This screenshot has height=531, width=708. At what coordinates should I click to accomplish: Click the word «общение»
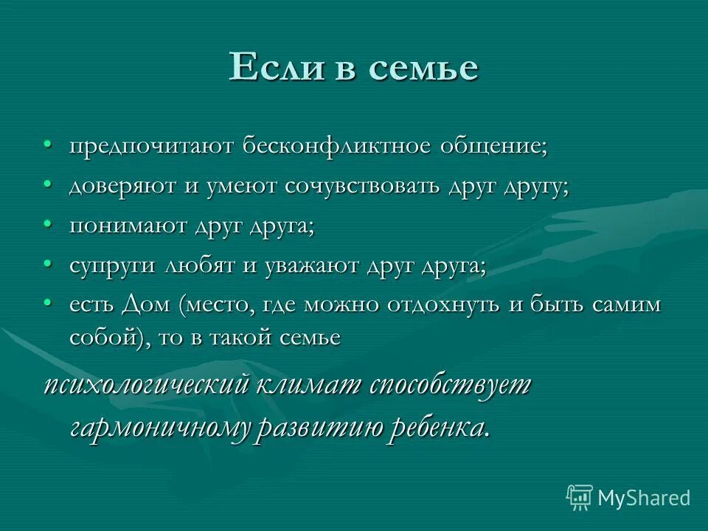pyautogui.click(x=484, y=146)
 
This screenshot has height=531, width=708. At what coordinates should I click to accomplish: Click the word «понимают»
pyautogui.click(x=128, y=226)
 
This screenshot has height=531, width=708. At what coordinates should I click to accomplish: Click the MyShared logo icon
pyautogui.click(x=579, y=498)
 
